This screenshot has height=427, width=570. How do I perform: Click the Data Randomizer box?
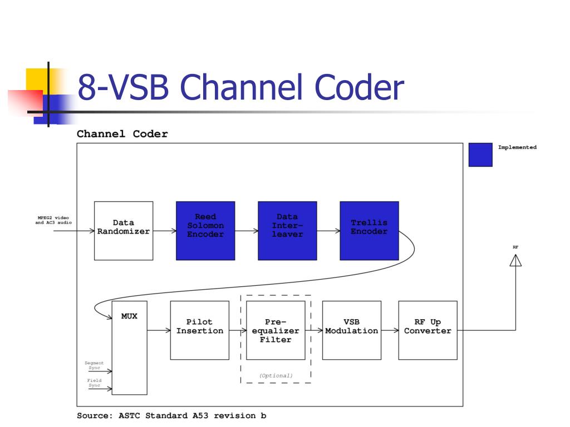[124, 231]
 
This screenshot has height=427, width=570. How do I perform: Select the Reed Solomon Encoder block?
[205, 231]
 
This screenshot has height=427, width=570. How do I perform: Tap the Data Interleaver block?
[287, 231]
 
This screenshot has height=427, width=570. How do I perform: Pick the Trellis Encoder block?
[369, 231]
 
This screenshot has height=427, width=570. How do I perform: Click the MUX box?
[130, 347]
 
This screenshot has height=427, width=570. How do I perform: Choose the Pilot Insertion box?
[200, 330]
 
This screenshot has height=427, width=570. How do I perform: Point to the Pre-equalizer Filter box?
[276, 330]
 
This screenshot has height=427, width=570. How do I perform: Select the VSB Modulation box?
[352, 330]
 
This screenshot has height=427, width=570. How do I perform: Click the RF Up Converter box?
[427, 330]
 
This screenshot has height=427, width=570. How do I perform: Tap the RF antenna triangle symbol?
[515, 260]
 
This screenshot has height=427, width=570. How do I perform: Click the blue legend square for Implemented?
[480, 155]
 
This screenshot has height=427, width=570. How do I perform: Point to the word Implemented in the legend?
[517, 147]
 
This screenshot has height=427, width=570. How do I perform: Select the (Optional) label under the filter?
[276, 376]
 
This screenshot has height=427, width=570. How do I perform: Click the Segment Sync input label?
[94, 365]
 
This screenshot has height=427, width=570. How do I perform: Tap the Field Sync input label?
[94, 383]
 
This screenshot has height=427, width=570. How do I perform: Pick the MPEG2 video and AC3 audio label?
[53, 220]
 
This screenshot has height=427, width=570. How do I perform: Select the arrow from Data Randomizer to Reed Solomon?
[164, 230]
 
